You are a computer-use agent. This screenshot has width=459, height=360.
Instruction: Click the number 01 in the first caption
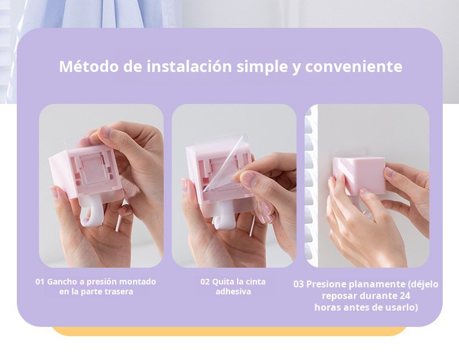tap(40, 282)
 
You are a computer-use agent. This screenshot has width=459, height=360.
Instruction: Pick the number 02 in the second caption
tap(205, 282)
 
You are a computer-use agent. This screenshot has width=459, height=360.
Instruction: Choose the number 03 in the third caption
tap(299, 285)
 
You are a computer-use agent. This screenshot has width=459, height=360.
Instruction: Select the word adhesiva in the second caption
tap(233, 291)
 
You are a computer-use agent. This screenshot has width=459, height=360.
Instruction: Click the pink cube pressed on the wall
tap(359, 175)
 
